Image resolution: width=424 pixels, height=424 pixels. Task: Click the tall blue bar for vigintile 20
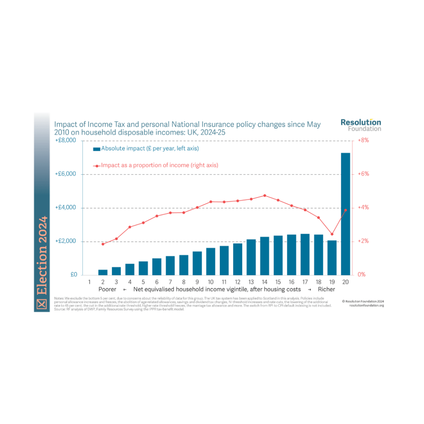tap(345, 214)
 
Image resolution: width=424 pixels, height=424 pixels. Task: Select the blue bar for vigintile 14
tap(265, 256)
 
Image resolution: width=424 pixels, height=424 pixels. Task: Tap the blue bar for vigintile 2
tap(103, 272)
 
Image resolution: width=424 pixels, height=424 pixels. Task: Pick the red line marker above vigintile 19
tap(332, 234)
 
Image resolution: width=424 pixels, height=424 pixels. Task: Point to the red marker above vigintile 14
tap(265, 195)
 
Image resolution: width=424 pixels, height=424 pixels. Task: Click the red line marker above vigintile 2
tap(103, 244)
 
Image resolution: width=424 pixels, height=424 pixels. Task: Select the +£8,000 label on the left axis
tap(65, 140)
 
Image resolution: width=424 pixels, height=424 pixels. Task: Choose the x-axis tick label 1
tap(89, 282)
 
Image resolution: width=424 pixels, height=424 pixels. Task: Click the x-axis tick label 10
tap(210, 282)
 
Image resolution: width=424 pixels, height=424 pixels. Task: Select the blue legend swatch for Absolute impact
tap(96, 149)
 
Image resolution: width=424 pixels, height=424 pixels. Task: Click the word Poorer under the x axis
tap(107, 289)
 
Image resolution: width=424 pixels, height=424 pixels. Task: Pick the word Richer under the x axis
tap(326, 289)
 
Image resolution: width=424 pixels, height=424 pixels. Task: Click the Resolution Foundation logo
tap(360, 125)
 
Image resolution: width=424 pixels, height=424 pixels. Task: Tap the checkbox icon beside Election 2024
tap(41, 304)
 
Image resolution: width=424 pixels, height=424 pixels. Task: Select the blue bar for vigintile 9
tap(197, 263)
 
